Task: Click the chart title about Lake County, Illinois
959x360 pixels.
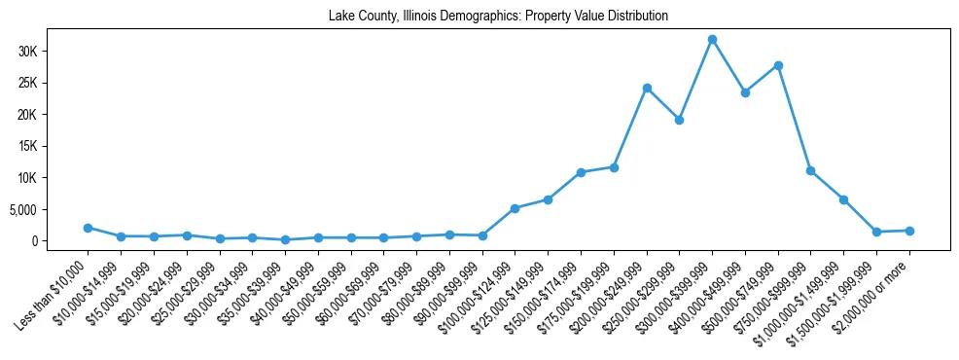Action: tap(498, 17)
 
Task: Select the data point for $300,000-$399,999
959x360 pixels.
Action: tap(712, 40)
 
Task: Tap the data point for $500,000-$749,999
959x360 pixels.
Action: tap(778, 65)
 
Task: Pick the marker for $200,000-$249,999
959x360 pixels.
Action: tap(647, 88)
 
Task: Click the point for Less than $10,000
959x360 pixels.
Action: tap(88, 228)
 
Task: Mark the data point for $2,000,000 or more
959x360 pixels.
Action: tap(909, 231)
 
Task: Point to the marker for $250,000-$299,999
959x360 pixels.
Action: tap(679, 120)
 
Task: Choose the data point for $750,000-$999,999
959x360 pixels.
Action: tap(810, 170)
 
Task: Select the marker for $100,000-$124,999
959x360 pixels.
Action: tap(515, 208)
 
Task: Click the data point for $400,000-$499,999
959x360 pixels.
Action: tap(745, 92)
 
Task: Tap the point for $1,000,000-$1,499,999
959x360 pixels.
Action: tap(843, 199)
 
